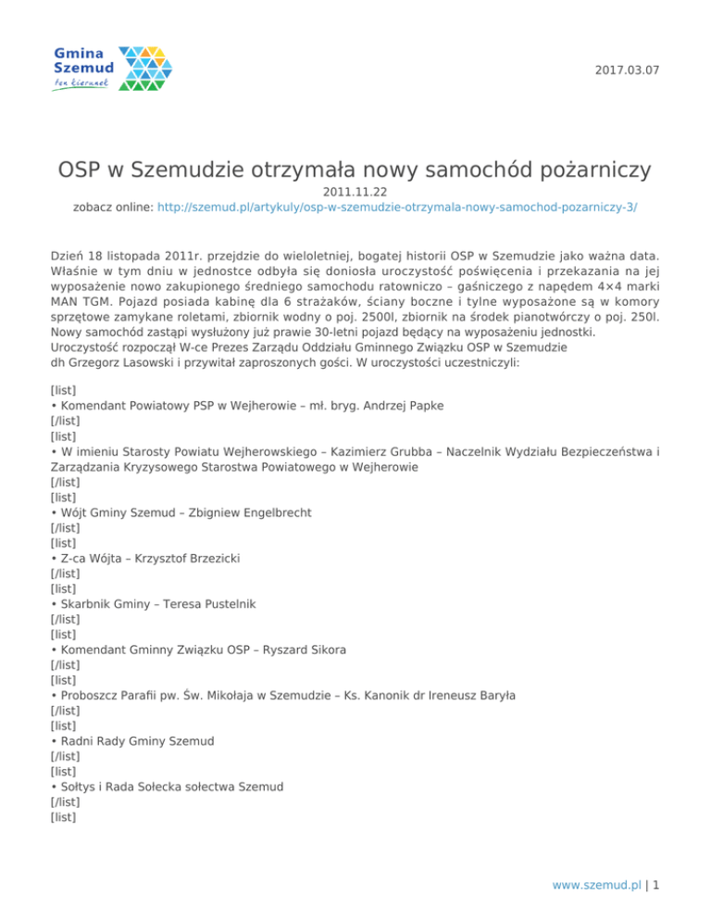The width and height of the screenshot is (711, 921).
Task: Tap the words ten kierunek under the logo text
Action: [x=82, y=83]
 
